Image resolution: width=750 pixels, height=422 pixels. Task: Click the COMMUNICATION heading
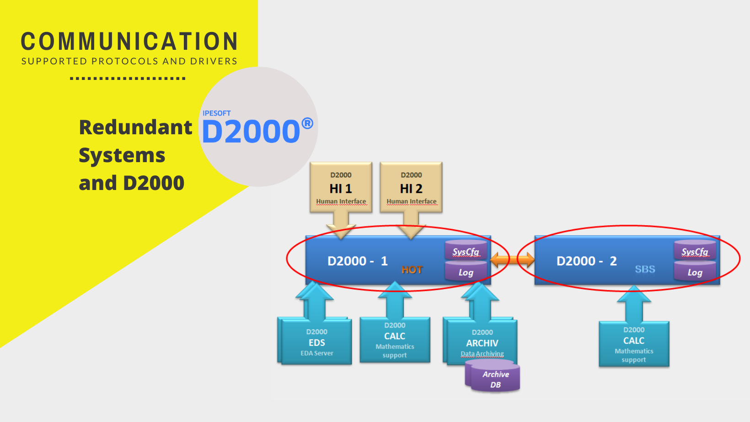(x=129, y=41)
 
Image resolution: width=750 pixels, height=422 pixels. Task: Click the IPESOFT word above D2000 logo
(x=216, y=113)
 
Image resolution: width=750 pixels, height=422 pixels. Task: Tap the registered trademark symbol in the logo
(x=307, y=123)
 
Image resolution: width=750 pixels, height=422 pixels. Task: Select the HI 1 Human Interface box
(x=341, y=188)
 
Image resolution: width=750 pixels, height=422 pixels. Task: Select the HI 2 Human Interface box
(x=411, y=188)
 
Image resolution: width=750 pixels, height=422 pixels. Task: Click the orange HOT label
(x=412, y=270)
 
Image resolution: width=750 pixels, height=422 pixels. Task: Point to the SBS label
(x=645, y=269)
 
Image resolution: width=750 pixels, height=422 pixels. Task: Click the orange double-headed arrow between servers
(x=512, y=260)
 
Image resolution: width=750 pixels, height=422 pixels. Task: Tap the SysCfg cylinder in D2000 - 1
(x=466, y=250)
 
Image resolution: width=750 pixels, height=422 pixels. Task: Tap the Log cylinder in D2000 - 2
(x=695, y=272)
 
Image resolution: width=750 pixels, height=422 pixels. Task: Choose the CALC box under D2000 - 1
(x=395, y=340)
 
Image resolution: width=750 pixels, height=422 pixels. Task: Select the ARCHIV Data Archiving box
(x=482, y=343)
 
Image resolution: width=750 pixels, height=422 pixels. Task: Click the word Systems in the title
(x=122, y=155)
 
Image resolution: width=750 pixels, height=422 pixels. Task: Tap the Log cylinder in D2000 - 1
(x=466, y=272)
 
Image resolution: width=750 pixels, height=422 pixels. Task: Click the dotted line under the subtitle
(x=128, y=79)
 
